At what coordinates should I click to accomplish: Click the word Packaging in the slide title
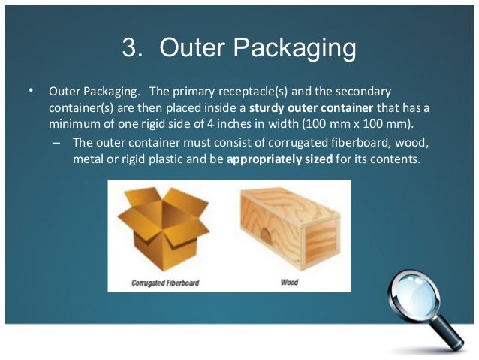(x=293, y=49)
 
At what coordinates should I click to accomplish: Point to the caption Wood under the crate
(x=289, y=283)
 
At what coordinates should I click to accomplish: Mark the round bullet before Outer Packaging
(x=32, y=91)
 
